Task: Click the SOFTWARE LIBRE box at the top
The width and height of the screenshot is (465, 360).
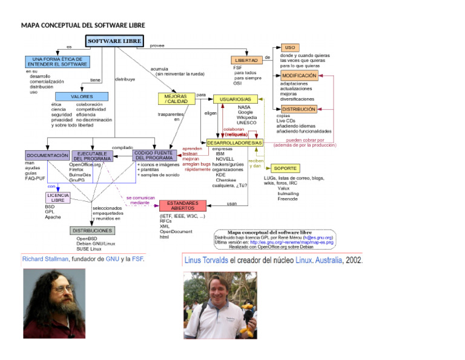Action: [115, 41]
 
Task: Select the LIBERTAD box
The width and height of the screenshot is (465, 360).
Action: [246, 60]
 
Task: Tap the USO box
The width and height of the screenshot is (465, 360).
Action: [290, 47]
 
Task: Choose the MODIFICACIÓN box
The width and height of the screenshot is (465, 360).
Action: [299, 76]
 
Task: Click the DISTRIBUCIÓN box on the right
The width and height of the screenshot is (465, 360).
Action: [298, 109]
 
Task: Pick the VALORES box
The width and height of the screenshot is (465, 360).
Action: [82, 96]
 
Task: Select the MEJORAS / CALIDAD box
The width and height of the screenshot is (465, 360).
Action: [176, 98]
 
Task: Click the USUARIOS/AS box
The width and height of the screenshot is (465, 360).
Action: [236, 99]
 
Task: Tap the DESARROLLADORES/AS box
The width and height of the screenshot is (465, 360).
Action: [234, 142]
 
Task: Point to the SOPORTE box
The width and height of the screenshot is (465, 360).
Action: [285, 168]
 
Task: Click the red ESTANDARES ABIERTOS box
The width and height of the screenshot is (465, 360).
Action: [182, 205]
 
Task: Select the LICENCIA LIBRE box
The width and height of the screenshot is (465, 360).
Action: [58, 198]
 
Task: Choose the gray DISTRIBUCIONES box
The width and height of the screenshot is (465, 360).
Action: [92, 231]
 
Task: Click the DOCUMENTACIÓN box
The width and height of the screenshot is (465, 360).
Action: [47, 156]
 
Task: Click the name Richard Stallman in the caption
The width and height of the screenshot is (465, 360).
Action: [45, 259]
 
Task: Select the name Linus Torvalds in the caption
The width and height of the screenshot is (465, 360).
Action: [206, 260]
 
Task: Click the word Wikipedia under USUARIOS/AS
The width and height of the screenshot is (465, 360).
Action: [246, 118]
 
